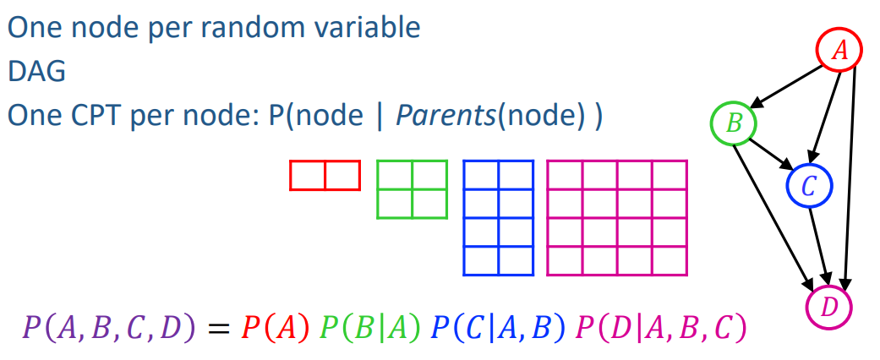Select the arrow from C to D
pyautogui.click(x=819, y=246)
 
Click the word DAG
pyautogui.click(x=37, y=72)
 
